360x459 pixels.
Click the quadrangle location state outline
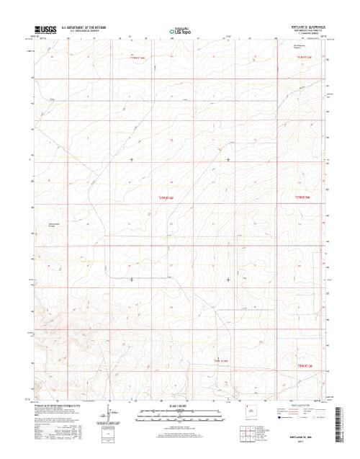[x=249, y=414]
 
